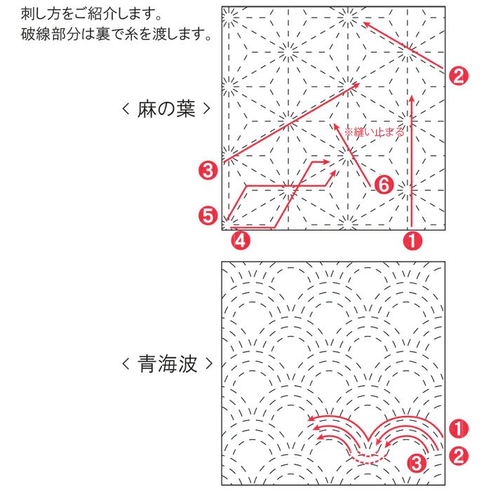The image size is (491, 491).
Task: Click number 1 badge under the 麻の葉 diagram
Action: (412, 241)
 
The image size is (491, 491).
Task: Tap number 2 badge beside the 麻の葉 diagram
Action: (459, 76)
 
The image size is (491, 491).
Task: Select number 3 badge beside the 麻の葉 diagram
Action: (208, 170)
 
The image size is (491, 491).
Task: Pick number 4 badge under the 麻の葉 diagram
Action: (241, 241)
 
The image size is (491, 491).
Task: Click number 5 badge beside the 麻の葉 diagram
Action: (208, 216)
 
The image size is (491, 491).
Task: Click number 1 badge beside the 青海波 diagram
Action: (459, 429)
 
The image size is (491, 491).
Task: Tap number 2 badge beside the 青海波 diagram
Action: (459, 456)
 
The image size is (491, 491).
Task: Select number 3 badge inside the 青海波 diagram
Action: (417, 463)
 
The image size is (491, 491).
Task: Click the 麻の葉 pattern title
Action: (166, 109)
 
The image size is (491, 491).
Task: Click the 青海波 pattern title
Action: (167, 364)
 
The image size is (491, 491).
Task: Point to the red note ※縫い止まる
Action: (374, 132)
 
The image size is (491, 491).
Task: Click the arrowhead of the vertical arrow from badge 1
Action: (412, 98)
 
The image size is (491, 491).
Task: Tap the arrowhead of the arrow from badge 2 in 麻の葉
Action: (365, 24)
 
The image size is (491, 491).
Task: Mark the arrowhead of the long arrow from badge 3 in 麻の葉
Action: (356, 85)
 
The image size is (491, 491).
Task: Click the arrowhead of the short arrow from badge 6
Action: (335, 126)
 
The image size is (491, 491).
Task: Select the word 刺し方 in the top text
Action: (42, 14)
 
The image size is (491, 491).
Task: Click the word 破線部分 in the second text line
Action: (50, 34)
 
